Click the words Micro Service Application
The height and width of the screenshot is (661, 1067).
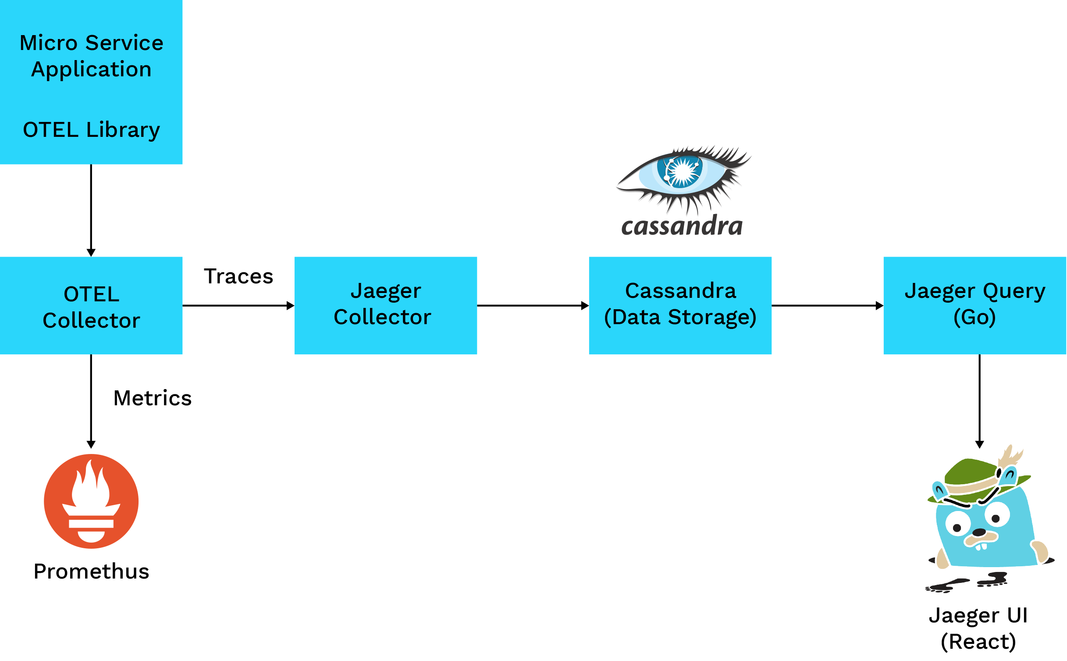91,56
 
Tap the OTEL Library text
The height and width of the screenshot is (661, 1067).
91,130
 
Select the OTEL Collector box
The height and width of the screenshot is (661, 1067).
91,306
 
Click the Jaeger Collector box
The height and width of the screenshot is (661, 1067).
385,306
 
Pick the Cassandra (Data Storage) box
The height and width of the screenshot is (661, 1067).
680,306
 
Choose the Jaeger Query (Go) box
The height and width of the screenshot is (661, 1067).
975,306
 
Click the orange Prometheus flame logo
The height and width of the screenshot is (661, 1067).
91,501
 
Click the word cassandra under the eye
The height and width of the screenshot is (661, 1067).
682,226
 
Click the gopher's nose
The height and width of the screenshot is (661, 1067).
978,532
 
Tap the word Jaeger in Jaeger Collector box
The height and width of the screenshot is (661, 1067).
386,291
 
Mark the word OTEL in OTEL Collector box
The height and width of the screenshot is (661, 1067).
91,294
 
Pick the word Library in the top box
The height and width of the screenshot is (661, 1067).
123,130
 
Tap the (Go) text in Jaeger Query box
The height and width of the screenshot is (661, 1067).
975,318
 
